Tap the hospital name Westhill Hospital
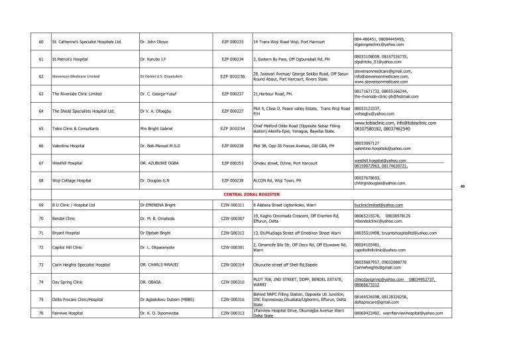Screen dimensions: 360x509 (x=67, y=162)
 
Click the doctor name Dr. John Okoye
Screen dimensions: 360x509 (x=154, y=42)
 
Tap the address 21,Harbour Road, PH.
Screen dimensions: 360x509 (x=273, y=93)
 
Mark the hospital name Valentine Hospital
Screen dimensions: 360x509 (x=68, y=145)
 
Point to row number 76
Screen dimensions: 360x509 (x=41, y=312)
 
